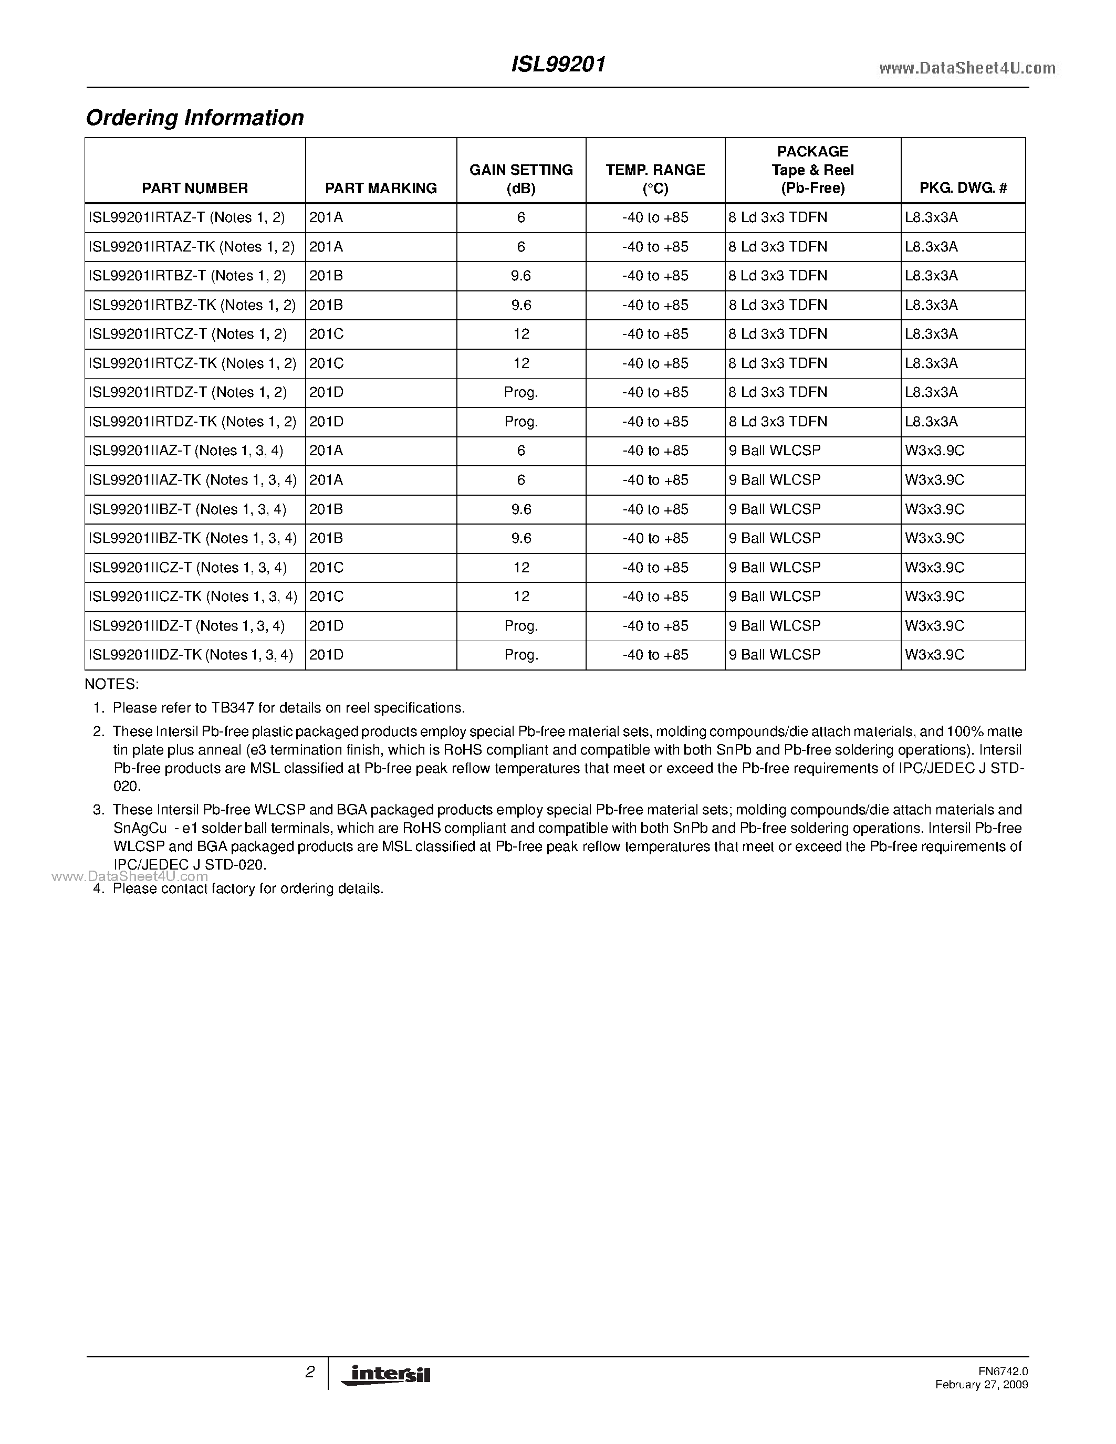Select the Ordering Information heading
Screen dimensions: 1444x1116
pyautogui.click(x=195, y=118)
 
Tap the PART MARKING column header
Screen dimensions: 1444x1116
pyautogui.click(x=381, y=189)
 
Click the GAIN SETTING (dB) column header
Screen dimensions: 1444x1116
pyautogui.click(x=521, y=179)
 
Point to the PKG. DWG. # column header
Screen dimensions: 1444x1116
pyautogui.click(x=963, y=189)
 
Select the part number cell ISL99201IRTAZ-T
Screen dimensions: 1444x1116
pyautogui.click(x=187, y=217)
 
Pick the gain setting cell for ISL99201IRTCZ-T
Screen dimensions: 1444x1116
pyautogui.click(x=521, y=334)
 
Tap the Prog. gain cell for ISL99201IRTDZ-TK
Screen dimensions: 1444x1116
pyautogui.click(x=521, y=421)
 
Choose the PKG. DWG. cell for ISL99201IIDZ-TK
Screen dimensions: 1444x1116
pyautogui.click(x=934, y=655)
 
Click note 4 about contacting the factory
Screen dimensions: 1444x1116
pyautogui.click(x=248, y=888)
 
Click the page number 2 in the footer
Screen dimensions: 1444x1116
pyautogui.click(x=309, y=1372)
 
